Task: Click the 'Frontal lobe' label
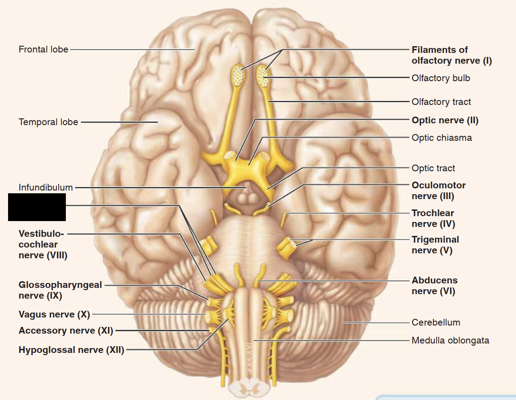pyautogui.click(x=43, y=49)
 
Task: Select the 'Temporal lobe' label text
pyautogui.click(x=48, y=122)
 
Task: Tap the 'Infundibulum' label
pyautogui.click(x=46, y=187)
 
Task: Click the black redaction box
pyautogui.click(x=37, y=207)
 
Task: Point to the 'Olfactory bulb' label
pyautogui.click(x=441, y=78)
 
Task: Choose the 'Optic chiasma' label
pyautogui.click(x=442, y=138)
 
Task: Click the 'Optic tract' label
pyautogui.click(x=433, y=168)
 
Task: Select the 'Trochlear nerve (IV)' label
pyautogui.click(x=433, y=218)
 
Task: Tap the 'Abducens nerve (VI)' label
pyautogui.click(x=434, y=286)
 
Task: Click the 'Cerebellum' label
pyautogui.click(x=435, y=322)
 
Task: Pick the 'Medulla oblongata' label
pyautogui.click(x=450, y=340)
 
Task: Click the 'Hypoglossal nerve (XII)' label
pyautogui.click(x=71, y=350)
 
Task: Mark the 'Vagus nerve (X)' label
pyautogui.click(x=54, y=314)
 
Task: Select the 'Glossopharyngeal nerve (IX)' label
pyautogui.click(x=60, y=290)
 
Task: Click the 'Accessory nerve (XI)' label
pyautogui.click(x=65, y=331)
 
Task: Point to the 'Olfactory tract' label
pyautogui.click(x=441, y=102)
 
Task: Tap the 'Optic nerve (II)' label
pyautogui.click(x=445, y=120)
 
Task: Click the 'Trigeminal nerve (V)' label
pyautogui.click(x=435, y=245)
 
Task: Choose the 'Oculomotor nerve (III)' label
pyautogui.click(x=439, y=191)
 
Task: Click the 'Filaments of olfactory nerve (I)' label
pyautogui.click(x=451, y=55)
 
